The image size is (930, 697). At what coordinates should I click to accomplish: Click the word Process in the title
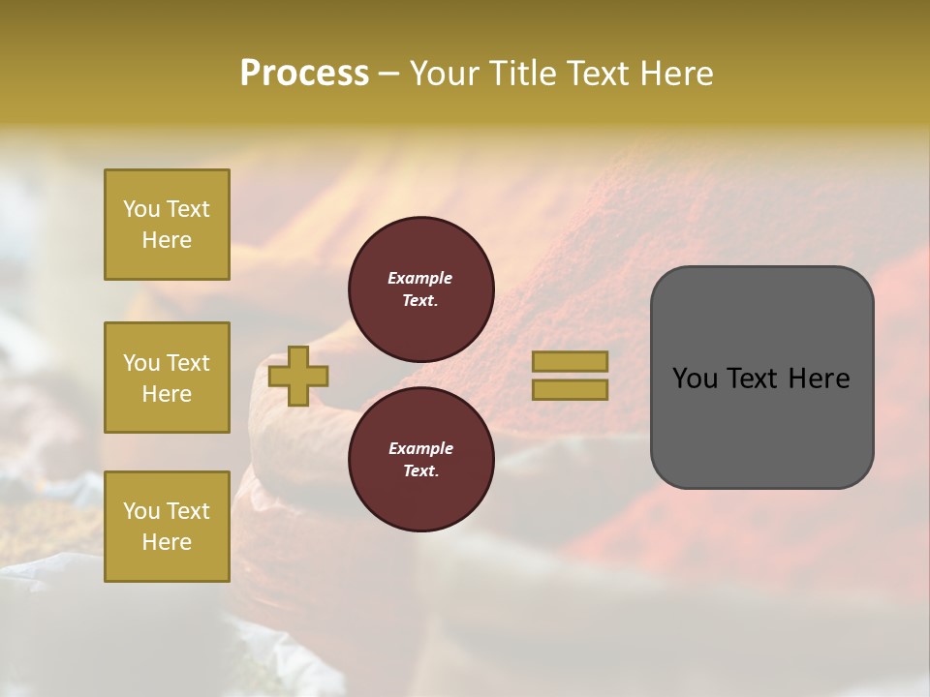304,74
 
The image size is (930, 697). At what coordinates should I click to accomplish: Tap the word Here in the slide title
675,74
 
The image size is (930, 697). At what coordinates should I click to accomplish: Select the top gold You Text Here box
167,225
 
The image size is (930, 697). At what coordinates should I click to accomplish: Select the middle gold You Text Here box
167,378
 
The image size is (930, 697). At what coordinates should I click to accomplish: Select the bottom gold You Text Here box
167,527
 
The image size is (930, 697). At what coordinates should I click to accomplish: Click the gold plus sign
298,376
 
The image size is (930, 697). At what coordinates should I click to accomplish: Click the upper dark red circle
420,289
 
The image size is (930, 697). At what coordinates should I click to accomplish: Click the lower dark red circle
420,460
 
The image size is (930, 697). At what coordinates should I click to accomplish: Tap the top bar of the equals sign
570,362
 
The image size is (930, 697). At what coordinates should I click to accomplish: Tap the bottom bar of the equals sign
570,390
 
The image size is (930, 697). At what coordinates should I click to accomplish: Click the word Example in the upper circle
419,278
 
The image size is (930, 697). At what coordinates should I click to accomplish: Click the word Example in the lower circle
419,448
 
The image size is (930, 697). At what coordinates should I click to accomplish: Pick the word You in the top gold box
140,209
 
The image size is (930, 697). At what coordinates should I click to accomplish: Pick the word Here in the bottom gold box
167,542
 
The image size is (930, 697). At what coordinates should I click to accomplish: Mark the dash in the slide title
388,74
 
